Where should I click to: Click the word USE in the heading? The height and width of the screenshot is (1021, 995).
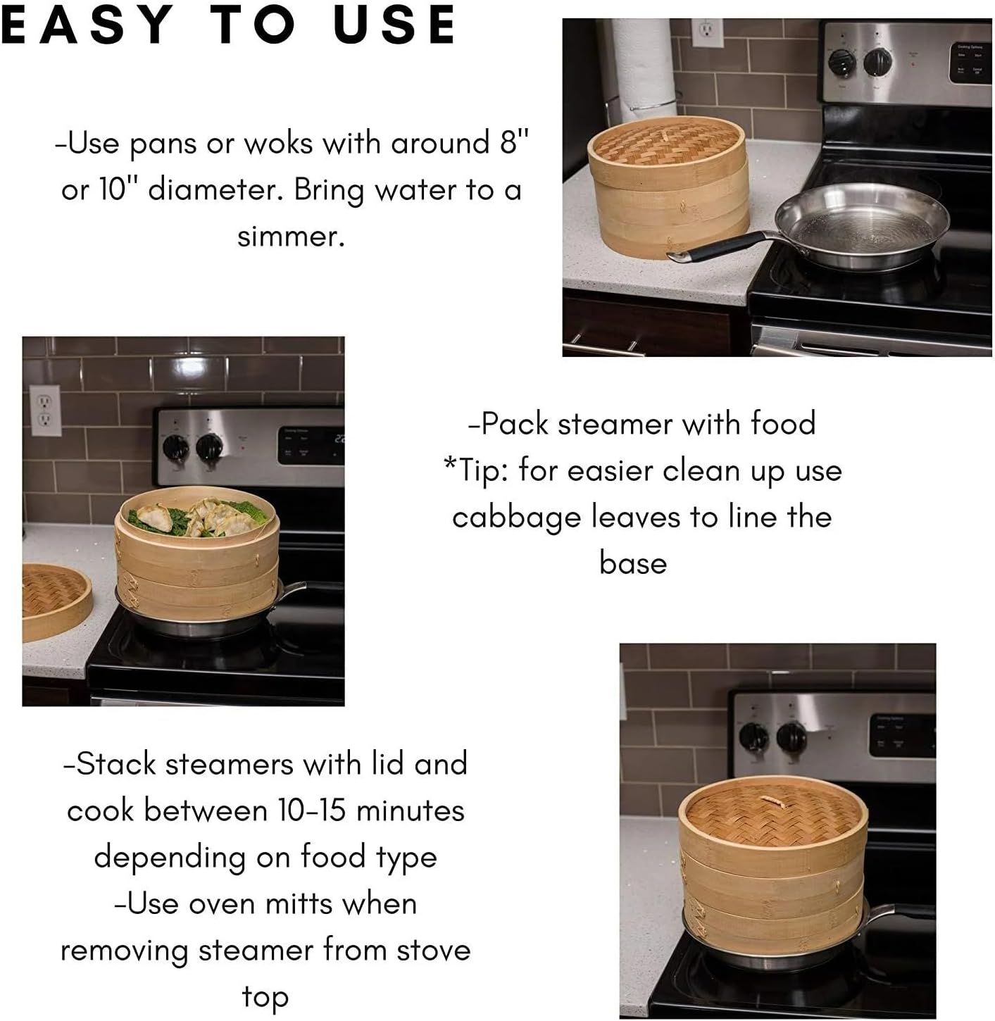pyautogui.click(x=394, y=25)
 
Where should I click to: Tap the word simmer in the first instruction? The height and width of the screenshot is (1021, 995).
pyautogui.click(x=291, y=236)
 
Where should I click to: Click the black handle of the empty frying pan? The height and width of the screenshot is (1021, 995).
pyautogui.click(x=725, y=246)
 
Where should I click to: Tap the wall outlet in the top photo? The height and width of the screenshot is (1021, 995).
pyautogui.click(x=706, y=32)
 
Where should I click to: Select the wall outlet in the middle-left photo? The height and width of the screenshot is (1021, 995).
pyautogui.click(x=44, y=411)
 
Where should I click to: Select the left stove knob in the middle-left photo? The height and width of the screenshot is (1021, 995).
pyautogui.click(x=175, y=446)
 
